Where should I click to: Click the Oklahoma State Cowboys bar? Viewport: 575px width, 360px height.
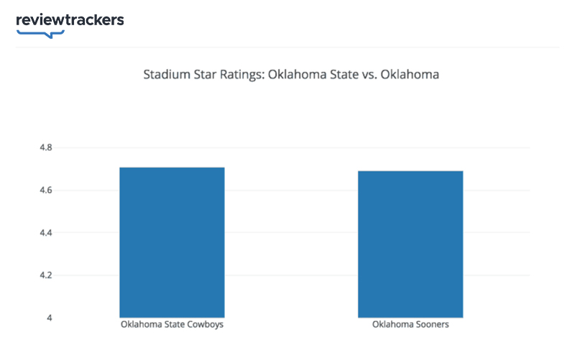172,242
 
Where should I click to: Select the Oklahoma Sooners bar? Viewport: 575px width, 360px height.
410,244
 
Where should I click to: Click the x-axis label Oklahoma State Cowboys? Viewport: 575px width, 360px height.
172,325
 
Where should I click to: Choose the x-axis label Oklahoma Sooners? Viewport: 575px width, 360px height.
410,325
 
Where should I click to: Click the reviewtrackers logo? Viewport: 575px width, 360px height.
70,20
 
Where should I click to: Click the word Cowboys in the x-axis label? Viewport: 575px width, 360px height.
206,325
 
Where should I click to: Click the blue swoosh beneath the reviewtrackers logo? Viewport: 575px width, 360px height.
40,33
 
